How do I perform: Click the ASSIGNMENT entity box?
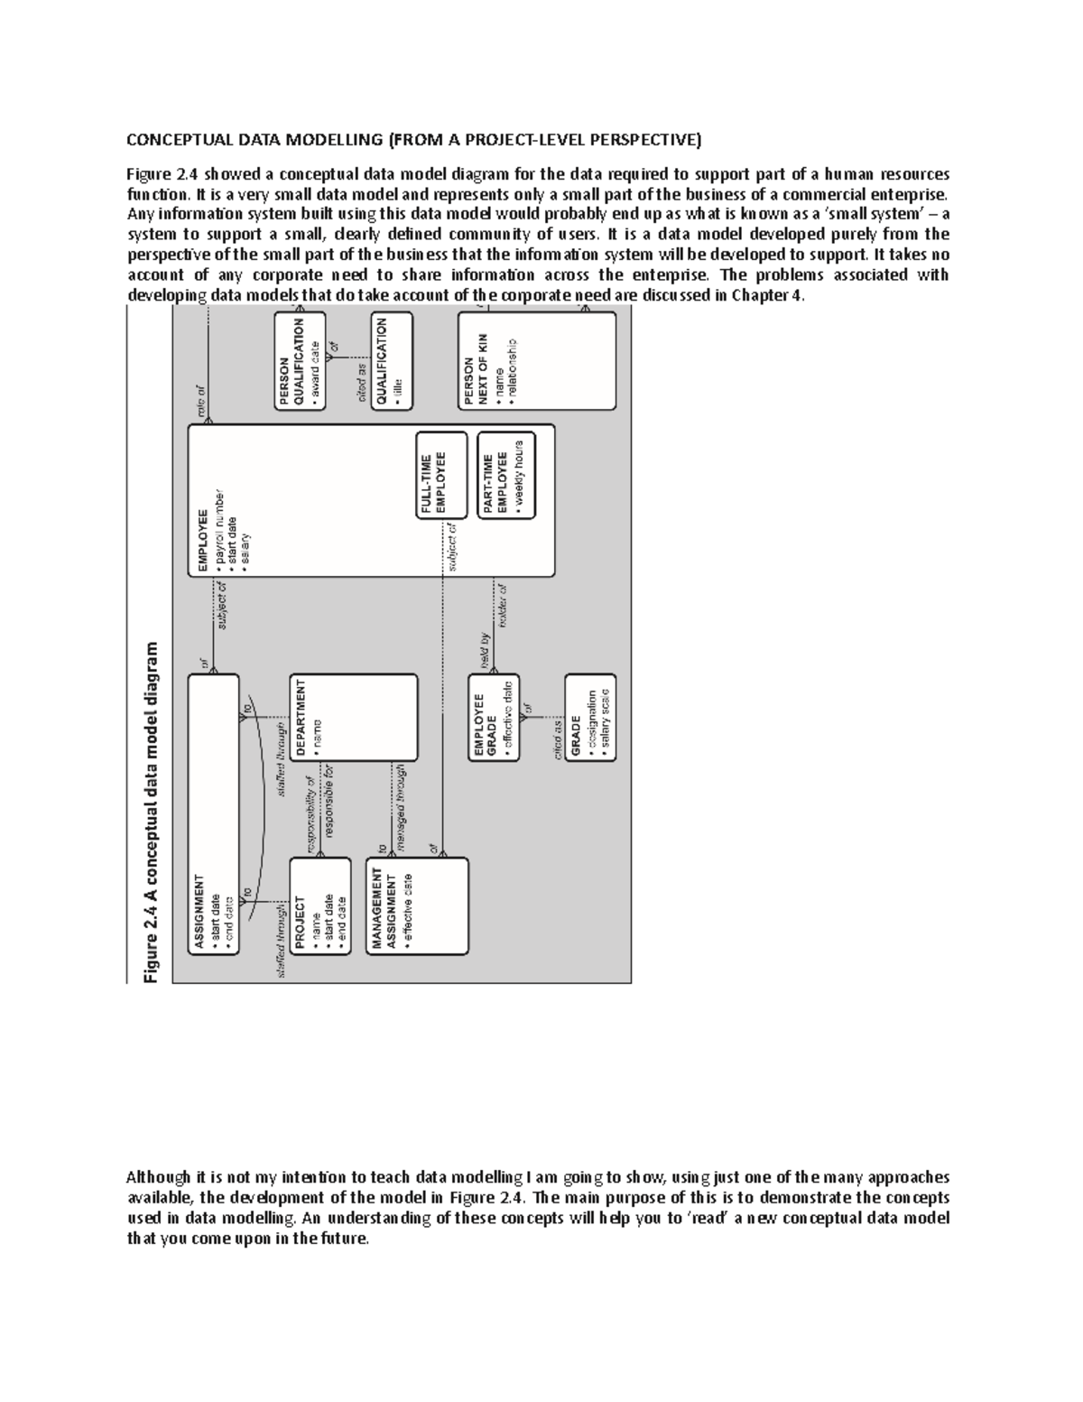(x=214, y=813)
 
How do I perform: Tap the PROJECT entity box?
(x=319, y=905)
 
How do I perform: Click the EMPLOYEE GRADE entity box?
(x=493, y=718)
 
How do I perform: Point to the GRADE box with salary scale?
(x=590, y=718)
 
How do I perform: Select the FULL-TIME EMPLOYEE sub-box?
(x=442, y=474)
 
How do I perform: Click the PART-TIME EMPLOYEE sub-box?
(x=505, y=474)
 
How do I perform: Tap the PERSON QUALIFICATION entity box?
(x=301, y=361)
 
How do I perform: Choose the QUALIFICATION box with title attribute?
(x=392, y=361)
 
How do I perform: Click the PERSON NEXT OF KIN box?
(x=536, y=361)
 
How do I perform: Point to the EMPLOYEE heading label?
(x=202, y=543)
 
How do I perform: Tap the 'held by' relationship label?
(x=485, y=648)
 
